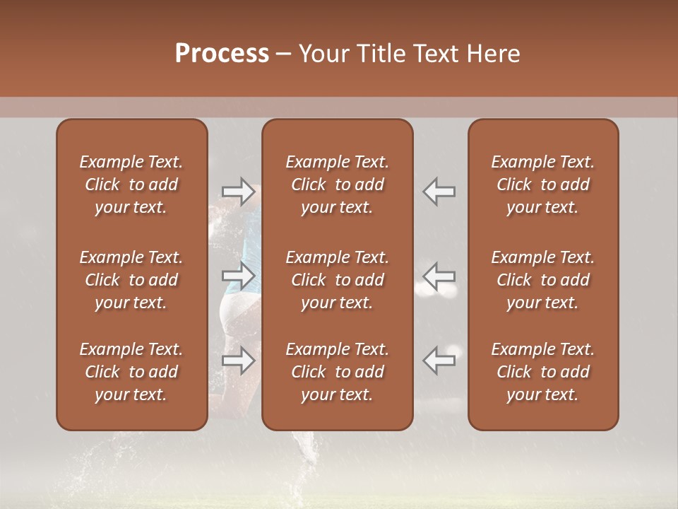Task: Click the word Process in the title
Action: tap(222, 54)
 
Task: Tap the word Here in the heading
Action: tap(493, 54)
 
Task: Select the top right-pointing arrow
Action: tap(239, 192)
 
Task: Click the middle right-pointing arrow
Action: tap(239, 276)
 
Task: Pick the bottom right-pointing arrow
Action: tap(239, 361)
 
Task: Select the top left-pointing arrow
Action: tap(439, 192)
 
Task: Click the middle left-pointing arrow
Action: tap(439, 276)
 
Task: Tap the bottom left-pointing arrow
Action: tap(439, 361)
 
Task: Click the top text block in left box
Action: tap(131, 185)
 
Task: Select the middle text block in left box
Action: tap(131, 280)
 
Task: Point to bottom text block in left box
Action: tap(131, 372)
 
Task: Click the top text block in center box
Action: tap(337, 185)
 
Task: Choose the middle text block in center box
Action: tap(337, 280)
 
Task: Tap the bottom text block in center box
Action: tap(337, 372)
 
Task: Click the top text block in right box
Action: tap(542, 185)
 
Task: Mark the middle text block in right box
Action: tap(542, 280)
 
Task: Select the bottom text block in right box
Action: tap(542, 372)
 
